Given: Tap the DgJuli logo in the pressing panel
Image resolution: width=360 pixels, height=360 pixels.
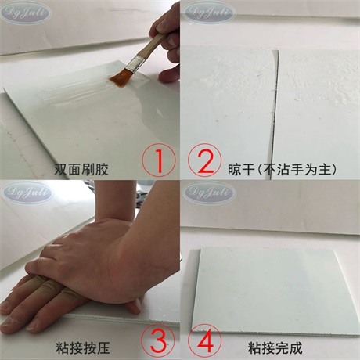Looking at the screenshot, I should tap(26, 191).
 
